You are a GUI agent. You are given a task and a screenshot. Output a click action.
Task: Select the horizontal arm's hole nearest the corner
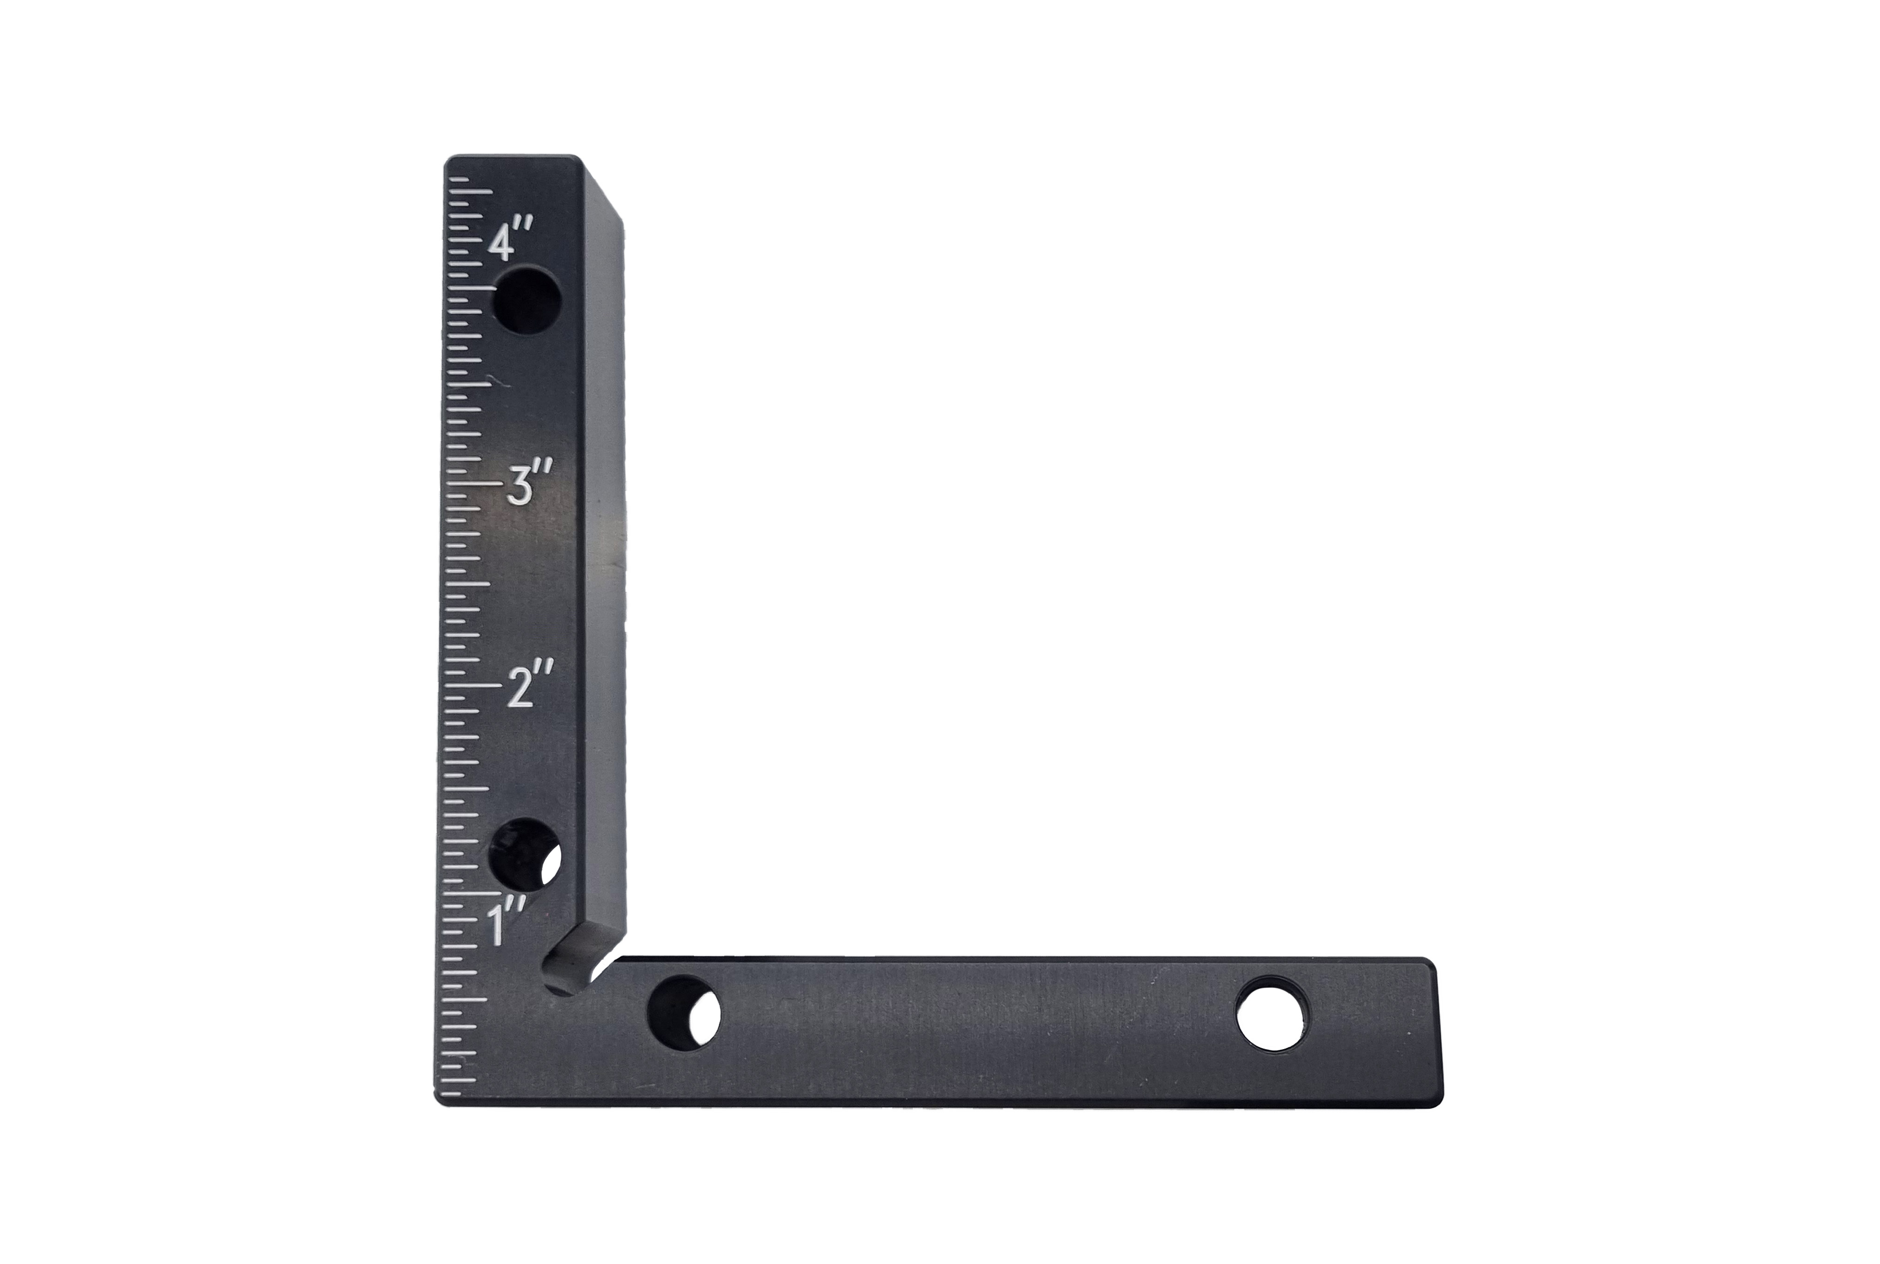click(x=684, y=1013)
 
